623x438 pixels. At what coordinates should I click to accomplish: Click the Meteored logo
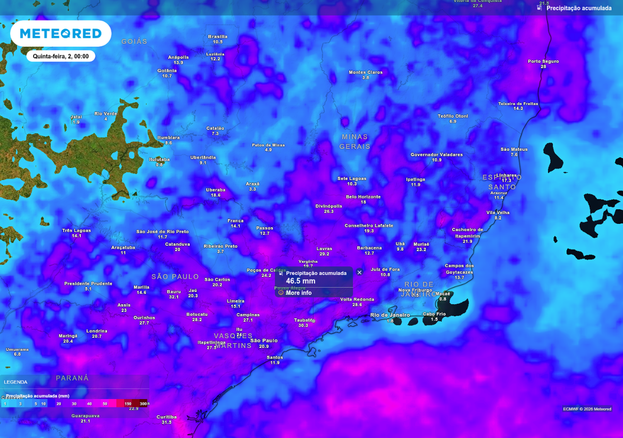click(60, 33)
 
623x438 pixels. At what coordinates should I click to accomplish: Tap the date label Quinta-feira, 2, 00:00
click(61, 56)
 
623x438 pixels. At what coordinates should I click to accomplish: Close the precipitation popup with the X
click(360, 273)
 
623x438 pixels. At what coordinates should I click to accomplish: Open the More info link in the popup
click(298, 293)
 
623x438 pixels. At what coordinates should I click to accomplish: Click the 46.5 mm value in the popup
click(301, 281)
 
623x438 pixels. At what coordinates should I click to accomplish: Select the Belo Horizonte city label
click(363, 197)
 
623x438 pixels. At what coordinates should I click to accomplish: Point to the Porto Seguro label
click(543, 61)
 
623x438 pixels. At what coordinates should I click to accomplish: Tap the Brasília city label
click(218, 36)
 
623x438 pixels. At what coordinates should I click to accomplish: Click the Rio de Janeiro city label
click(390, 315)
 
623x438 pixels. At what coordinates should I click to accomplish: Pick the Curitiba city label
click(167, 417)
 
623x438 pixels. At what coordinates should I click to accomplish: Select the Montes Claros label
click(366, 72)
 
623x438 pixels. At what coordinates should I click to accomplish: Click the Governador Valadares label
click(436, 155)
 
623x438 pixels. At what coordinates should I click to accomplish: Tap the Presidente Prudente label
click(88, 283)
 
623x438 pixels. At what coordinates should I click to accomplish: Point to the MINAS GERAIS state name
click(355, 142)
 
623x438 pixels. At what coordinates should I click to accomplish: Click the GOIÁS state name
click(134, 41)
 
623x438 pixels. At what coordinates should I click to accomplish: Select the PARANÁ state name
click(72, 378)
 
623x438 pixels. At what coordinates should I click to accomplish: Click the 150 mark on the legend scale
click(128, 403)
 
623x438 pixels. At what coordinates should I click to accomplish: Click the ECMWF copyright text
click(586, 409)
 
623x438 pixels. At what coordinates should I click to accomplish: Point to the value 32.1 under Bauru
click(174, 297)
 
